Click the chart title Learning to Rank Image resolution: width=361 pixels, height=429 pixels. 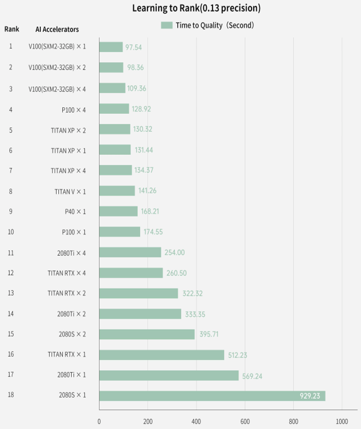(196, 8)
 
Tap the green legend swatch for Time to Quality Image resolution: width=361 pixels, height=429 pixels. (166, 25)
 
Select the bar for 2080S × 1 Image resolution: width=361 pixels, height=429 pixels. (212, 395)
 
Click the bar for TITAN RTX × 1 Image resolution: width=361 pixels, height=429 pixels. (161, 354)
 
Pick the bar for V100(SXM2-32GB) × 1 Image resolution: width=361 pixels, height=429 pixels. (110, 47)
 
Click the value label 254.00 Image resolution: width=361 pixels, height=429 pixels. (174, 252)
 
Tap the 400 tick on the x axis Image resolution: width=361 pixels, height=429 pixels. (196, 421)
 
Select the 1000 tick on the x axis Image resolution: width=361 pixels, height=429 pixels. (341, 421)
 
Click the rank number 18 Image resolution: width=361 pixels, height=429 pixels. (11, 395)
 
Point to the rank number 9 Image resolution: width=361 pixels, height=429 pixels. (11, 211)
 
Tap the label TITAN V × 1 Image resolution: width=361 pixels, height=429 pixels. (70, 191)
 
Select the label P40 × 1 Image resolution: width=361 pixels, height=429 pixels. (75, 211)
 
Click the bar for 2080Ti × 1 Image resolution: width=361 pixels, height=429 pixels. (169, 375)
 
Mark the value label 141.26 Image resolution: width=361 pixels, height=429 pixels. (147, 191)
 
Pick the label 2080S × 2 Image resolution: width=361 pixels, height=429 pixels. (72, 334)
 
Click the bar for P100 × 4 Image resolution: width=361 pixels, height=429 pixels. (114, 109)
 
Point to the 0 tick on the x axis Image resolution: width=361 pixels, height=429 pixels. (99, 421)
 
